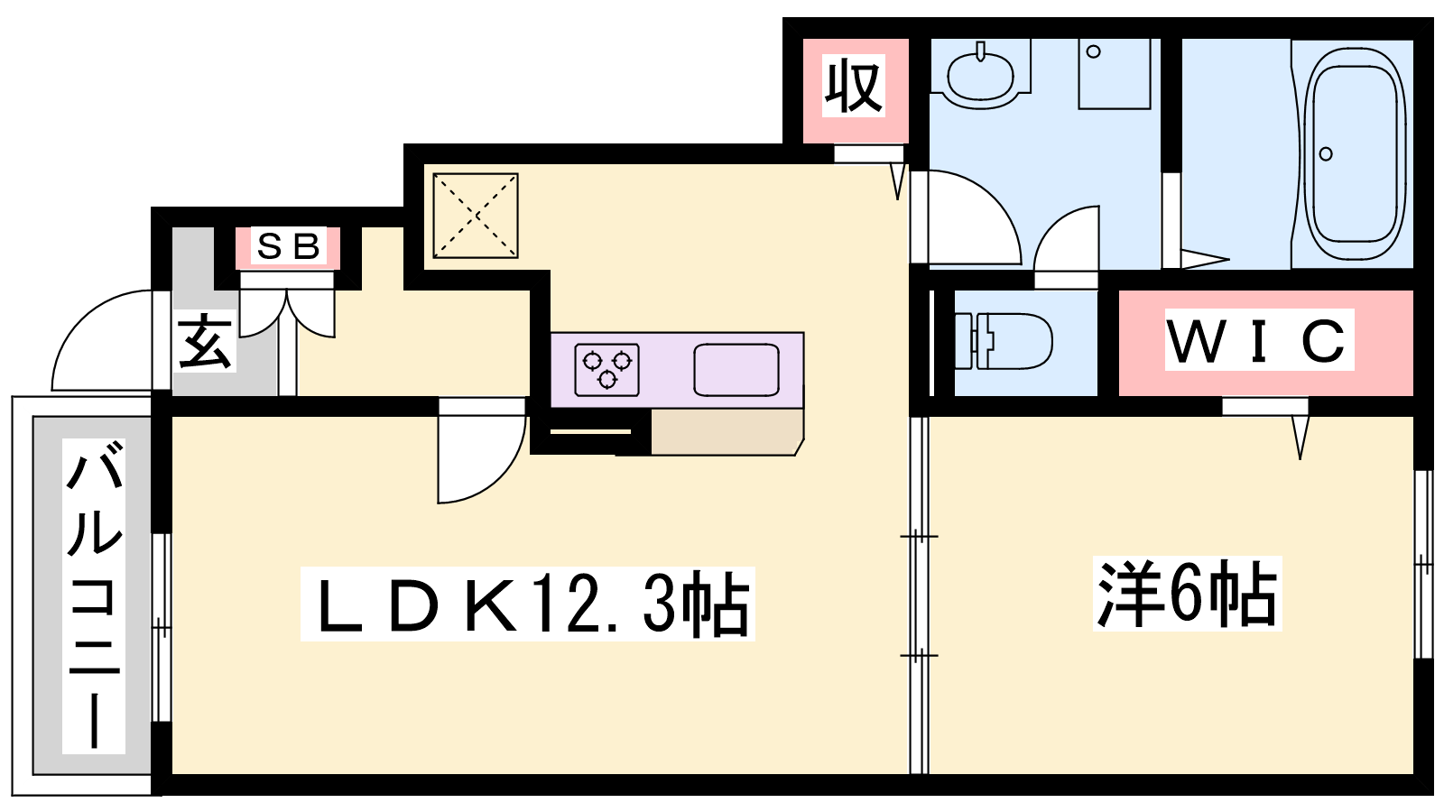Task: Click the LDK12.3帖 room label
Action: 527,604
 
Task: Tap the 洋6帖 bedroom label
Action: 1187,594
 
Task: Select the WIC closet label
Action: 1259,340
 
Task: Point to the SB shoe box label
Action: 288,246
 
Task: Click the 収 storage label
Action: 853,86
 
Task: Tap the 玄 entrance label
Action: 204,341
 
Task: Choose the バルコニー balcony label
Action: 94,596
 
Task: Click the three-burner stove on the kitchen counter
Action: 606,369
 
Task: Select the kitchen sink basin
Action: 736,369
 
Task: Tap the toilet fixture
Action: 1002,341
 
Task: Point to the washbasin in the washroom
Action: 980,72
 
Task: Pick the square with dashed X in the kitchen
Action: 476,216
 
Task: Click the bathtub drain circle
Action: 1326,154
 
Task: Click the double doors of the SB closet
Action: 287,313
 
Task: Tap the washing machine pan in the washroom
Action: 1115,73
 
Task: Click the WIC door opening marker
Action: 1301,437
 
